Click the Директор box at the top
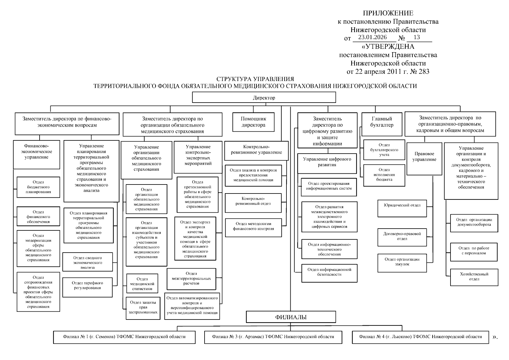264,97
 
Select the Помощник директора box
253,122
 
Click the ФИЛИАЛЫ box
291,317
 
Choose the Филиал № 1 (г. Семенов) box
124,337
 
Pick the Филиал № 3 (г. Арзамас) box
273,337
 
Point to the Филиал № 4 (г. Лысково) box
420,337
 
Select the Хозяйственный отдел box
474,277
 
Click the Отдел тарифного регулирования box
87,287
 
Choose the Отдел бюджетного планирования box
38,187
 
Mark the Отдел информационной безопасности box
329,273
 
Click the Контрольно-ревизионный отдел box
253,203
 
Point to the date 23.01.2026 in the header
372,37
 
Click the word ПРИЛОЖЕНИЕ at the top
388,13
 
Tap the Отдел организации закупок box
402,263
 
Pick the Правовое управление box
424,158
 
